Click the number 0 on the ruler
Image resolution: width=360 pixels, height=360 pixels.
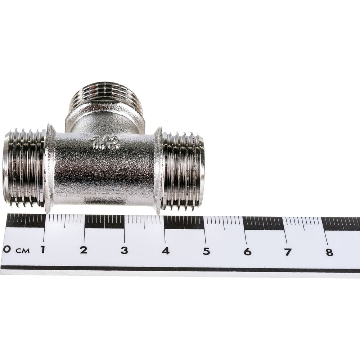click(x=7, y=249)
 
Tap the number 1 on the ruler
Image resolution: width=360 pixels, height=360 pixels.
click(x=43, y=249)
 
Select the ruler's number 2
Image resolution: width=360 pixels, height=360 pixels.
click(x=84, y=250)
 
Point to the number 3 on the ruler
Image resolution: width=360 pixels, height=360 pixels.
click(x=124, y=251)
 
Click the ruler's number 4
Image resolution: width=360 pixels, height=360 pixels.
click(x=165, y=251)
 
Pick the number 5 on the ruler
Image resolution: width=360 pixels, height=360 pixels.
click(x=206, y=251)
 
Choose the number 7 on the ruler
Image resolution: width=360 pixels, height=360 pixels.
click(x=288, y=252)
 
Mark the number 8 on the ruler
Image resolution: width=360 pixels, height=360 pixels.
click(x=329, y=253)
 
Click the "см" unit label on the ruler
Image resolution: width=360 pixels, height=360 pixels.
click(x=22, y=251)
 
